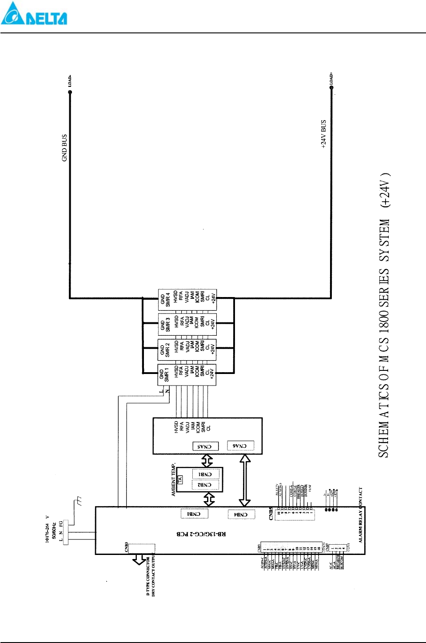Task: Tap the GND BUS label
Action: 64,148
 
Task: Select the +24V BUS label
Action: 323,134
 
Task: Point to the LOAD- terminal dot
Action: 70,92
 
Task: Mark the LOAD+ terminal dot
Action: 331,88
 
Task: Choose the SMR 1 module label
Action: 167,374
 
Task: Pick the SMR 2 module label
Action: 167,350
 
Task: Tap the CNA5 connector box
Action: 205,446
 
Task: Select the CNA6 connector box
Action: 240,446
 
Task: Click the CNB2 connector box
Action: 205,485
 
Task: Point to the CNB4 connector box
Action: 241,514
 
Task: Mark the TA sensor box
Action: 180,479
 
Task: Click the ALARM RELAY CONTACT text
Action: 361,515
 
